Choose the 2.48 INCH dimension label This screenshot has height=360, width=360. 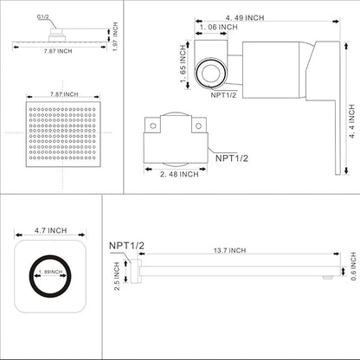178,174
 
